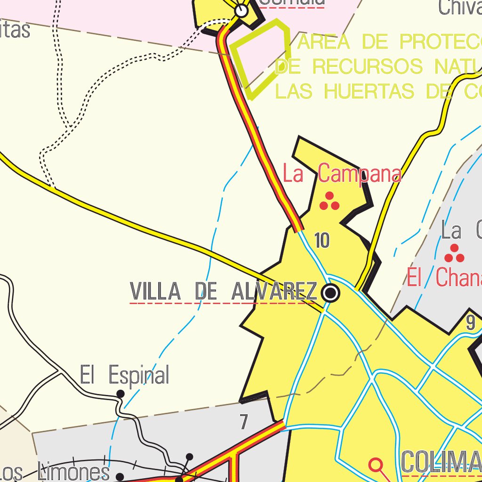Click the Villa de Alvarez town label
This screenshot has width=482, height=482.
point(224,292)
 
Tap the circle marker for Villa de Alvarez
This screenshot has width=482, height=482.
point(331,293)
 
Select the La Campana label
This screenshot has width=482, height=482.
point(342,174)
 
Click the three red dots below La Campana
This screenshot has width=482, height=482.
point(329,201)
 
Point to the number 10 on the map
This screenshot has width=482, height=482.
point(322,241)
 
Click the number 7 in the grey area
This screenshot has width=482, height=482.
point(243,422)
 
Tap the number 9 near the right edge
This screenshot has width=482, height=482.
point(471,323)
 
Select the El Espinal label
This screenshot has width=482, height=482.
point(124,375)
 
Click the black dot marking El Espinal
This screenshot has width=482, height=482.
point(120,394)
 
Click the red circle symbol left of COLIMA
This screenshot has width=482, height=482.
point(376,465)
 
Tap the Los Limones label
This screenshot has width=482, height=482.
point(55,472)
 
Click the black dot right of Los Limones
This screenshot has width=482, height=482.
point(120,476)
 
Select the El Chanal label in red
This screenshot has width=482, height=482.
point(444,278)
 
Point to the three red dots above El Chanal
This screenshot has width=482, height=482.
point(454,254)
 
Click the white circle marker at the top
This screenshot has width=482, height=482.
point(241,10)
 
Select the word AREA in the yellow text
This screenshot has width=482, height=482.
point(325,42)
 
